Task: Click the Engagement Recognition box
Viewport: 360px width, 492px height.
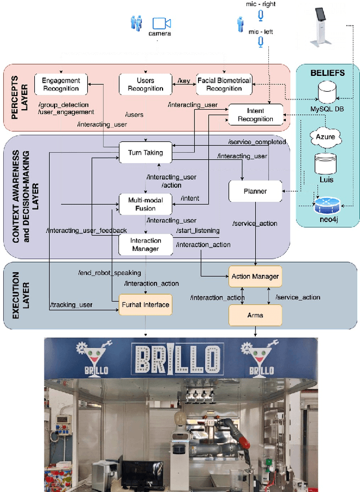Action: point(61,84)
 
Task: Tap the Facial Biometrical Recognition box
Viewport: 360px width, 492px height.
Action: point(224,84)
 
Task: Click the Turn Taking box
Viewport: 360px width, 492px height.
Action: point(145,152)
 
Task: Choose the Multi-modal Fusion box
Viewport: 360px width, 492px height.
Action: point(145,204)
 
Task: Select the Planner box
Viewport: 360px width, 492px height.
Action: point(255,191)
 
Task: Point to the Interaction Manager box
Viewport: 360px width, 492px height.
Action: point(145,245)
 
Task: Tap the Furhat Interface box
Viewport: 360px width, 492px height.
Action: point(145,305)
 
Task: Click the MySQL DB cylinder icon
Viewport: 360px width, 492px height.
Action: point(327,91)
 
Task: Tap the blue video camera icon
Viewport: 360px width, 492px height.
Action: point(161,23)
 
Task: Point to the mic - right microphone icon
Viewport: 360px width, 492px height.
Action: point(260,15)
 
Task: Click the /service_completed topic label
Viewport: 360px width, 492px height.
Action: point(257,142)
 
